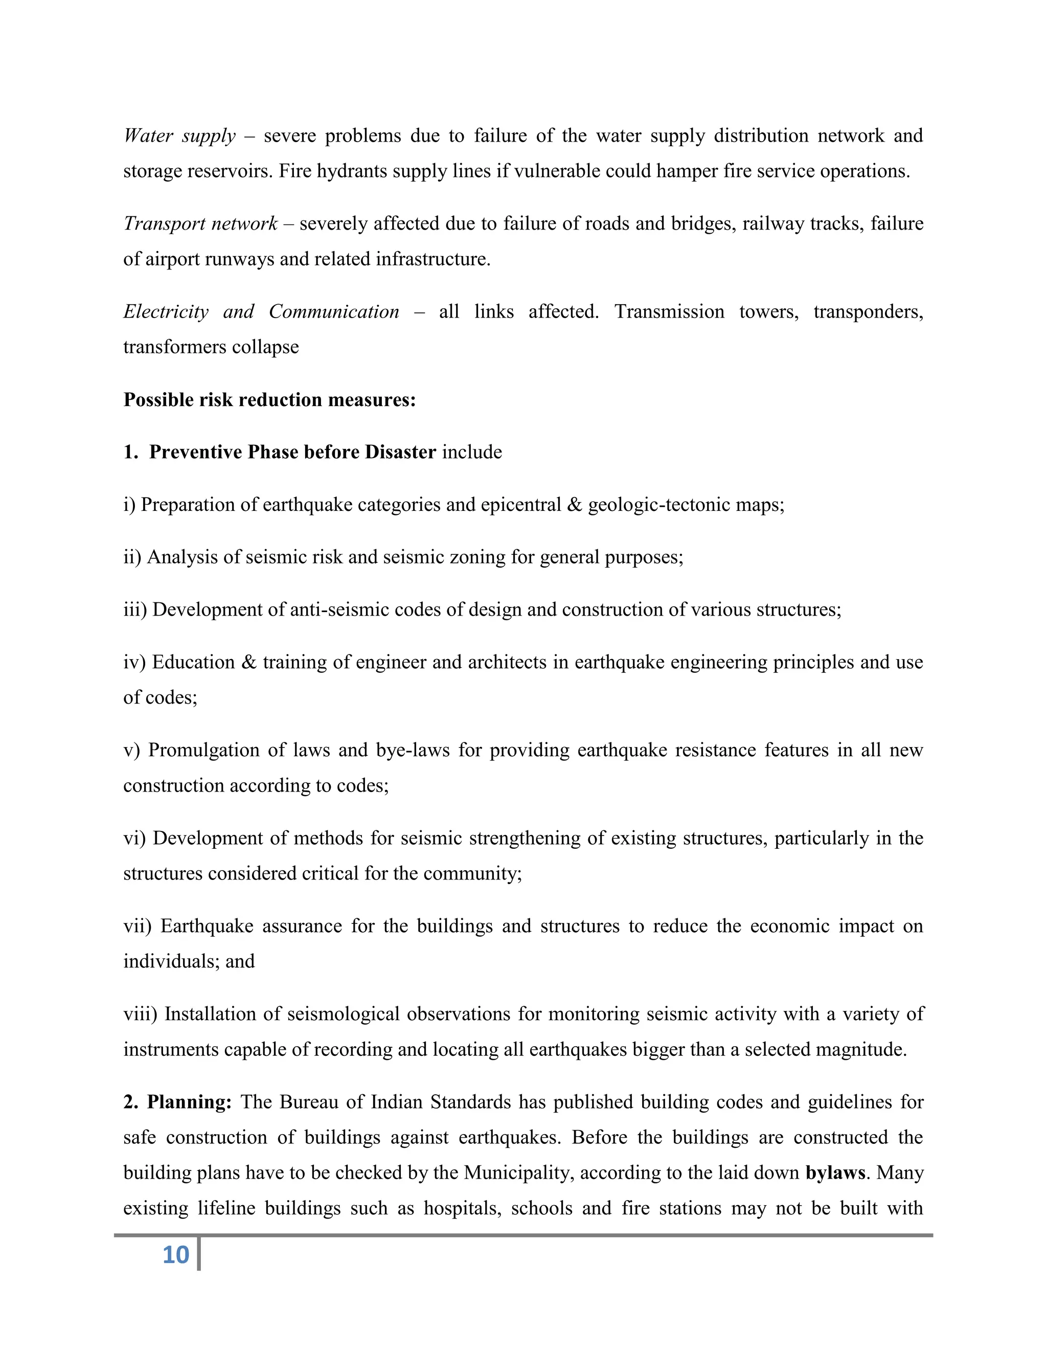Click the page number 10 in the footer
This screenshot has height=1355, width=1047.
pos(175,1254)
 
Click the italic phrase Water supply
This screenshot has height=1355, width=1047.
pos(179,135)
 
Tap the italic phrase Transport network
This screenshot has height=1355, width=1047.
pos(200,223)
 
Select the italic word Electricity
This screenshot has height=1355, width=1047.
pos(166,311)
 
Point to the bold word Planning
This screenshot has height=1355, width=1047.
pos(189,1102)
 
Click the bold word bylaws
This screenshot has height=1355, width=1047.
pos(835,1172)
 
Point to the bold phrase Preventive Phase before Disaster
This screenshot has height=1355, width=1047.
pos(293,453)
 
